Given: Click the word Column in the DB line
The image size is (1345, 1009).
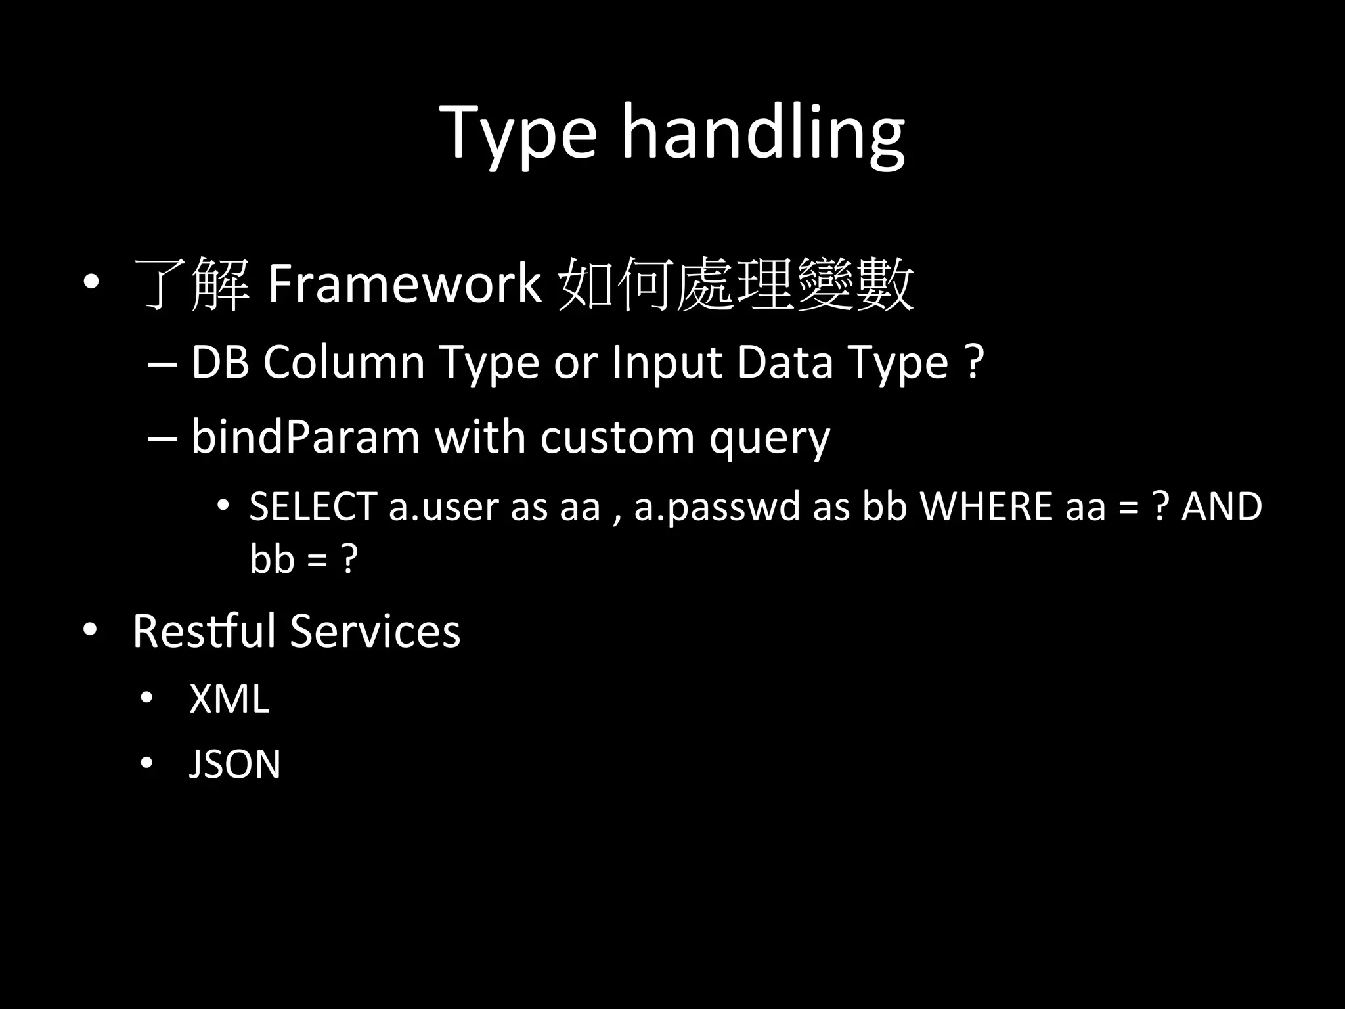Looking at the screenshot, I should [x=344, y=362].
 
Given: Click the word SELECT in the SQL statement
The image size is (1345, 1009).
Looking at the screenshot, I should [x=312, y=506].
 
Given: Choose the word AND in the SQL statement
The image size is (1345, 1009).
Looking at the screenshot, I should [x=1222, y=506].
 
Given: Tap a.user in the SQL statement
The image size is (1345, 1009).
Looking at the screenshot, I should [x=443, y=506].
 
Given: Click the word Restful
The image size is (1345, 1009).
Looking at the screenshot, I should [x=204, y=631].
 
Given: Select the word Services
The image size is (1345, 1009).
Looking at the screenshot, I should [x=375, y=631].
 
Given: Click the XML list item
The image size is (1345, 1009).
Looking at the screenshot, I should [x=229, y=698].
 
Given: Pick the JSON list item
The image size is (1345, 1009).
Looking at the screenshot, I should [x=234, y=763].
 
